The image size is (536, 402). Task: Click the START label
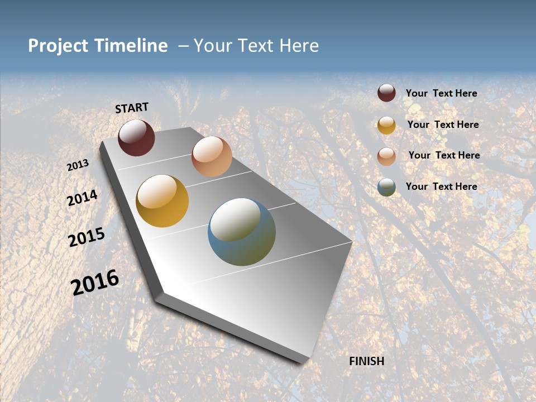[132, 108]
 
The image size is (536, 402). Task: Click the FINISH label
[367, 361]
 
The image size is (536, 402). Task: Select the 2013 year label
[78, 165]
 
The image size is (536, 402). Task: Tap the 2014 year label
[82, 198]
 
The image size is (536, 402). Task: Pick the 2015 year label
[87, 237]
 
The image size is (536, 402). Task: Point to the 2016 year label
[95, 283]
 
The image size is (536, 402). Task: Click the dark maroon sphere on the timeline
[136, 138]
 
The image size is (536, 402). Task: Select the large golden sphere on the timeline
[162, 201]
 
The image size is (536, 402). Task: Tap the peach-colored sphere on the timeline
[212, 156]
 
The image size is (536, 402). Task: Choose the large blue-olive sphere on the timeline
[242, 232]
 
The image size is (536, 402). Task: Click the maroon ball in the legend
[386, 93]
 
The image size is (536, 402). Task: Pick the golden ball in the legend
[386, 125]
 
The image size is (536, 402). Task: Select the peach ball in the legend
[386, 156]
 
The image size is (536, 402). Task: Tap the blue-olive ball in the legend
[386, 187]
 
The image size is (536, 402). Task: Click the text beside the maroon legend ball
[441, 93]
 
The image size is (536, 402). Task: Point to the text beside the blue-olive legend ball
[441, 186]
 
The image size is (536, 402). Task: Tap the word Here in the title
[299, 46]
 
